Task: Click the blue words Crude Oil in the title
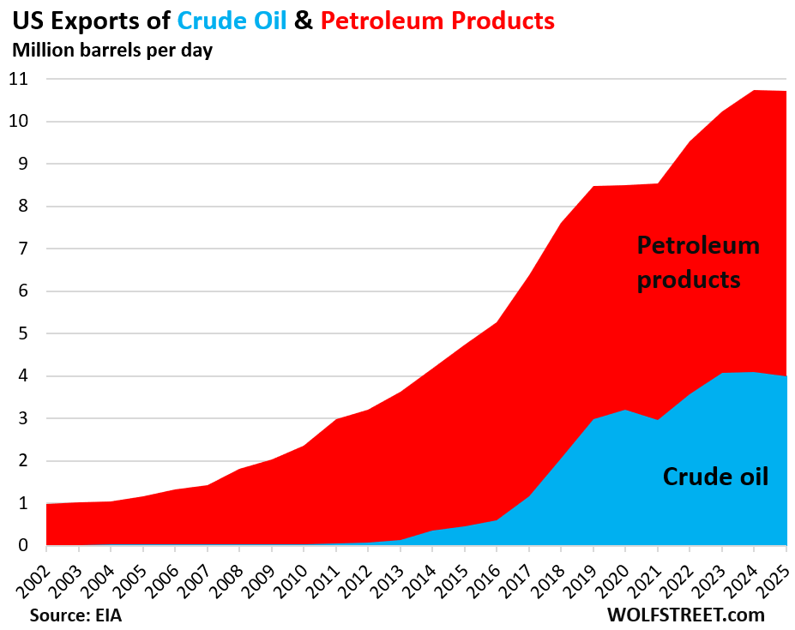tap(232, 20)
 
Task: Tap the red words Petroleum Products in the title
tap(437, 20)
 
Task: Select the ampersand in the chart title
tap(304, 20)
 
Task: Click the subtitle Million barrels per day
tap(111, 50)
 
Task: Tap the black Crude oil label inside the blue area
tap(715, 477)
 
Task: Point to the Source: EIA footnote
tap(81, 615)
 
